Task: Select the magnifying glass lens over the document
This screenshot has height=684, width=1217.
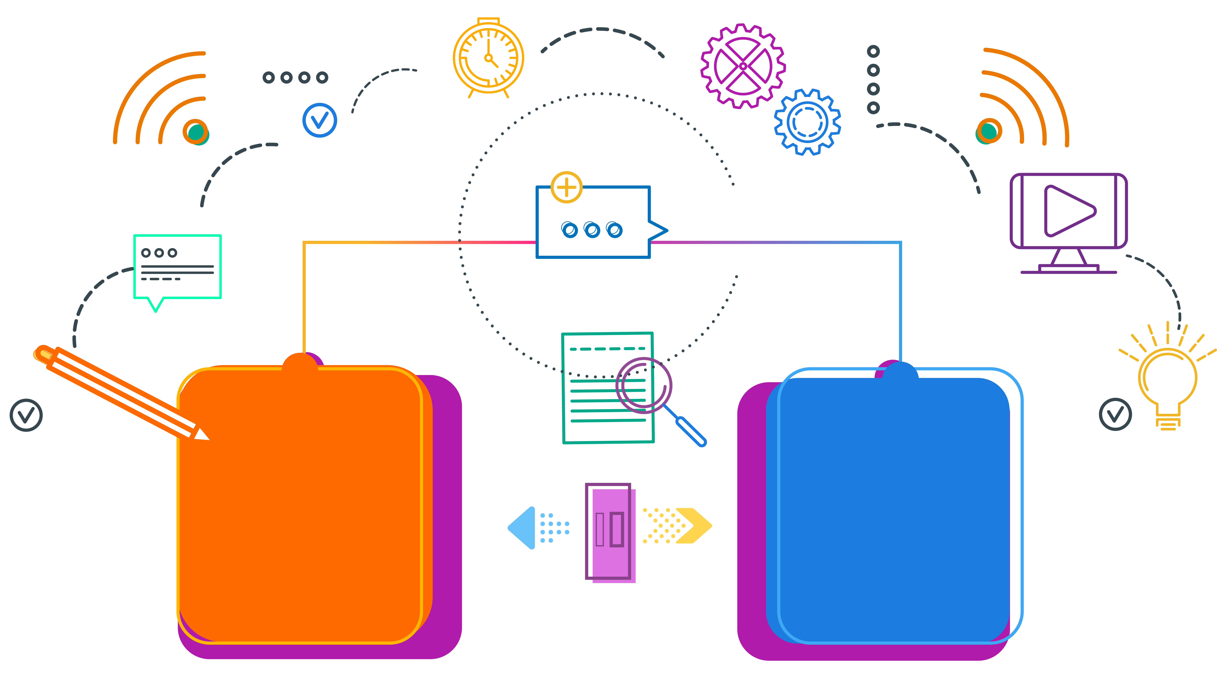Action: click(644, 385)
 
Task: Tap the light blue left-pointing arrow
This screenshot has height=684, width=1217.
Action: click(524, 528)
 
